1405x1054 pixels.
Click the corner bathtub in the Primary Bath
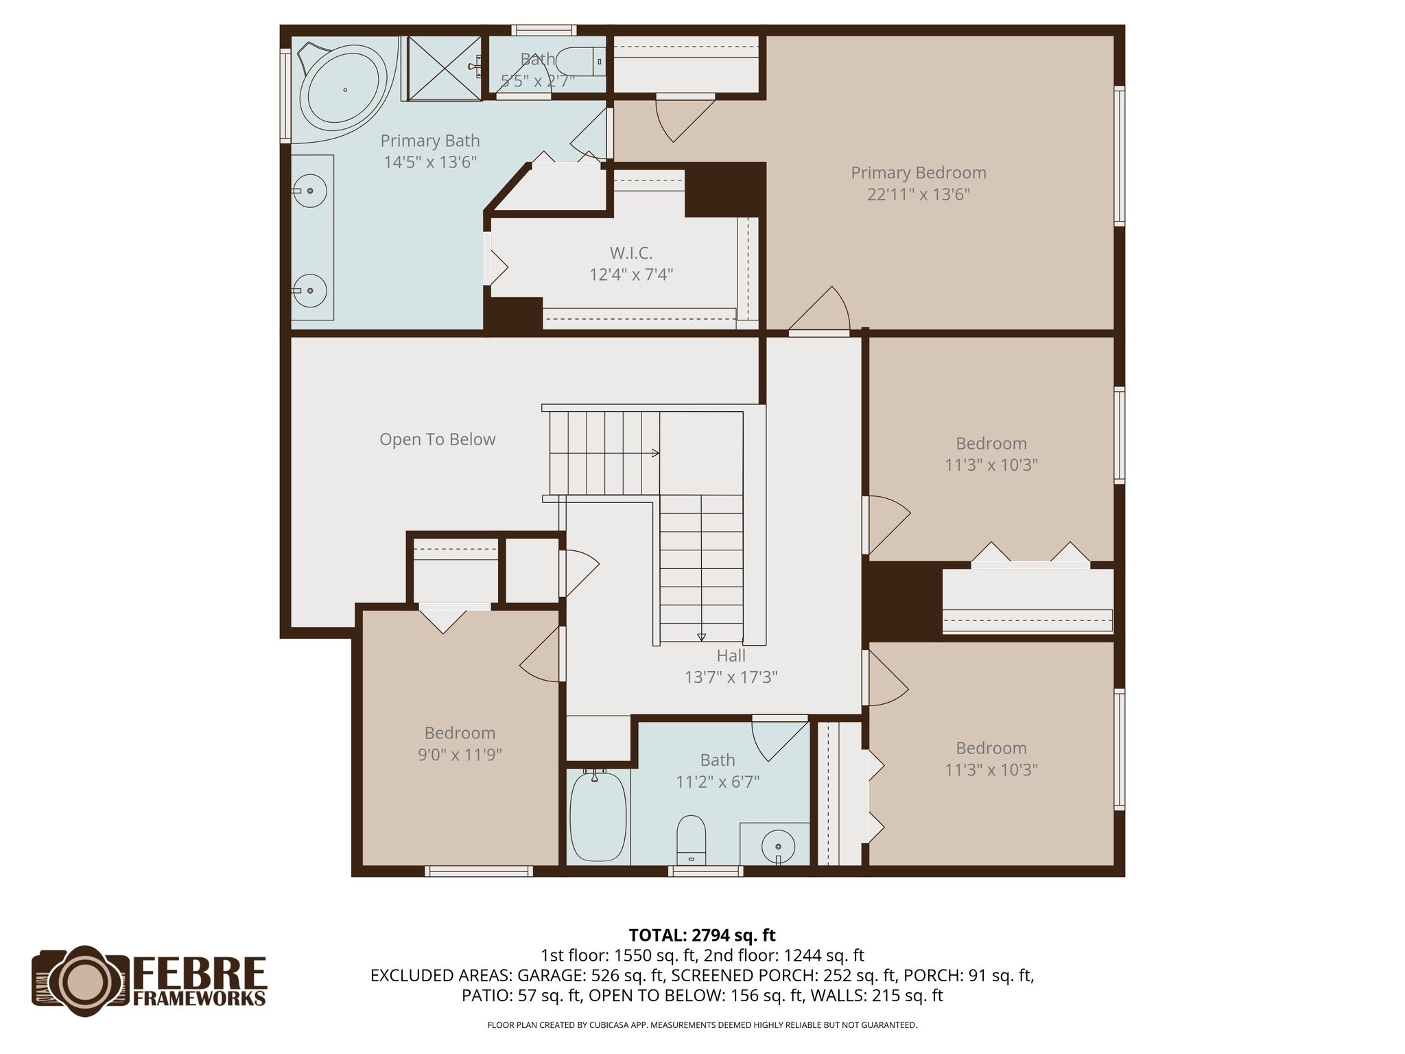[343, 89]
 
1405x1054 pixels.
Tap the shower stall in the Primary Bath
[445, 68]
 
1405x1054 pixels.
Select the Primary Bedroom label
[918, 173]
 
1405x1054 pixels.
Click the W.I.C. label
[630, 253]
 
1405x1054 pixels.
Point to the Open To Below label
[437, 439]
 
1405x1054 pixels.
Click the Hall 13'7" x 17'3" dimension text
[731, 677]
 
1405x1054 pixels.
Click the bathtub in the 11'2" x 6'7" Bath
[598, 817]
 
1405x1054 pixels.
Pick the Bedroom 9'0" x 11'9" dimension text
[460, 755]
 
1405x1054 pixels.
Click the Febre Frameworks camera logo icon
[81, 981]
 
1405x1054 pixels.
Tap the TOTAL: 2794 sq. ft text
[702, 935]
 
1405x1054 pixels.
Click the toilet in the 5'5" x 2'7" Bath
[580, 62]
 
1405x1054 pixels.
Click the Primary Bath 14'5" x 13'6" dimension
[429, 163]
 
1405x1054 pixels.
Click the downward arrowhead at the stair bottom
[701, 637]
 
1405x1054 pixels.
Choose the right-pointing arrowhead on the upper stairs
[655, 453]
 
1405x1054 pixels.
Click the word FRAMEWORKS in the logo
[199, 998]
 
